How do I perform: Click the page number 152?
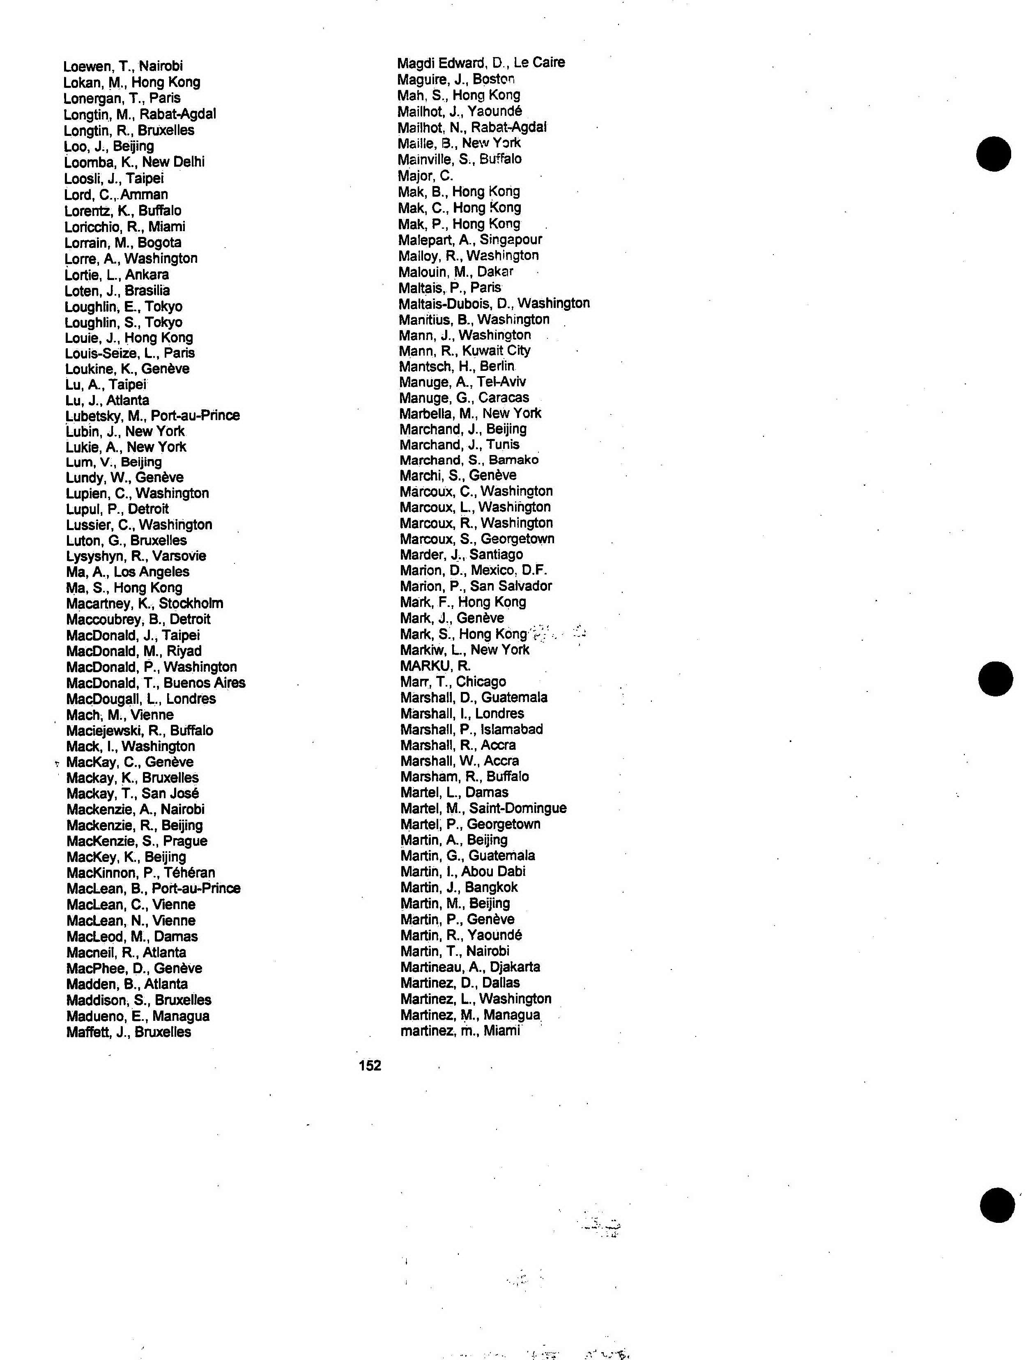point(370,1065)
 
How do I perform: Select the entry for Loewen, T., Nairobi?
point(123,66)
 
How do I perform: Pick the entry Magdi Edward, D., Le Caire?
point(481,63)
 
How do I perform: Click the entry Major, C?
point(425,176)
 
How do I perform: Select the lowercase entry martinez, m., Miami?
point(460,1031)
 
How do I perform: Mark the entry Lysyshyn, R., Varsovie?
point(136,556)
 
